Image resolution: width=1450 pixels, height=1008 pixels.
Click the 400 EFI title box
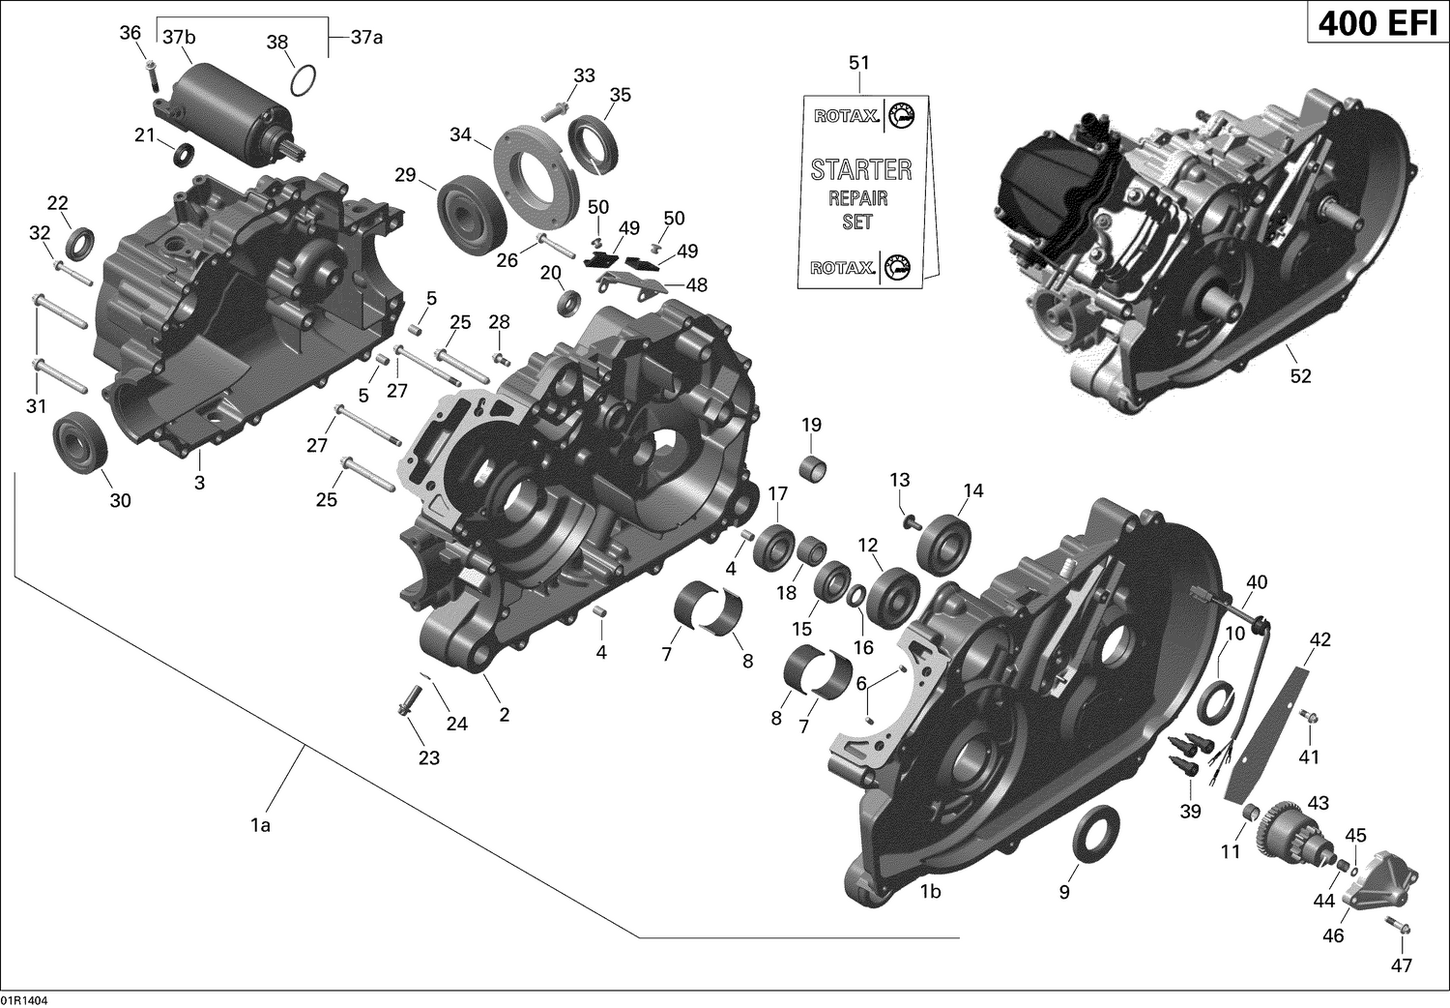1377,22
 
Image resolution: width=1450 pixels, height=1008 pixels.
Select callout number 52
1300,375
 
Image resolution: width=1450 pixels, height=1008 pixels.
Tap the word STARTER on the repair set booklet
860,170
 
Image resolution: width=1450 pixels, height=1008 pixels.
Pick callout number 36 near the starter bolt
130,34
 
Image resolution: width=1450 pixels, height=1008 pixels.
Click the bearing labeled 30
80,443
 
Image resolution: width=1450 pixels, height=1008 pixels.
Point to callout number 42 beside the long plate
1319,639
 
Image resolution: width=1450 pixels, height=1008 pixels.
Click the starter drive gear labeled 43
1285,831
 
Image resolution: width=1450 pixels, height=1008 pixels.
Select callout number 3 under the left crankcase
199,482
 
